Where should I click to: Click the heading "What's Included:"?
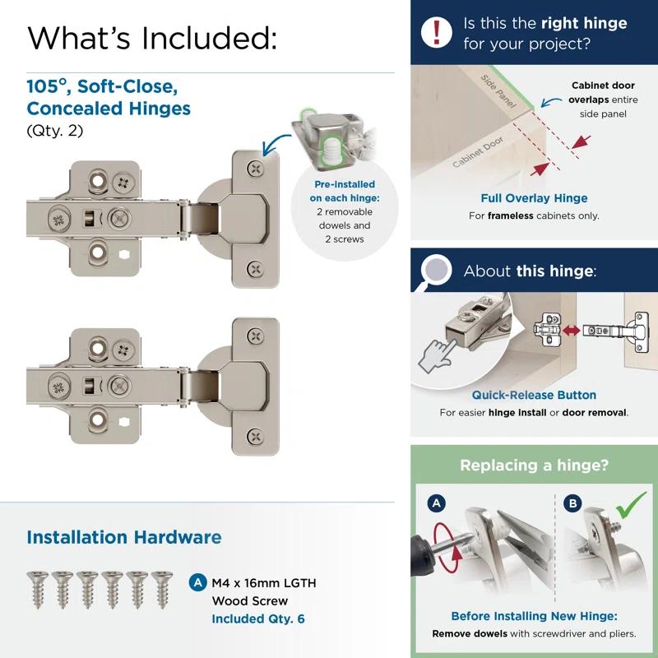point(152,37)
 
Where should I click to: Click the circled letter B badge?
point(572,503)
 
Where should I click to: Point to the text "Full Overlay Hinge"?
point(534,198)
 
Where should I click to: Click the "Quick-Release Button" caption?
point(534,395)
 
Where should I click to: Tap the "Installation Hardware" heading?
point(124,538)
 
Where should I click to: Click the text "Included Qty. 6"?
point(258,619)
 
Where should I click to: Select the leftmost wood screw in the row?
point(37,587)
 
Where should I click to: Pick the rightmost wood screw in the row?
point(160,587)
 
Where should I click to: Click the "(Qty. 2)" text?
point(55,131)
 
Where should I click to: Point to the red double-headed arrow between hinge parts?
point(570,329)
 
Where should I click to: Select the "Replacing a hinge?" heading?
point(534,466)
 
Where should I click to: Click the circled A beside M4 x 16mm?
point(197,582)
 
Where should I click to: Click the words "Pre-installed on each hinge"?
point(345,191)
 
